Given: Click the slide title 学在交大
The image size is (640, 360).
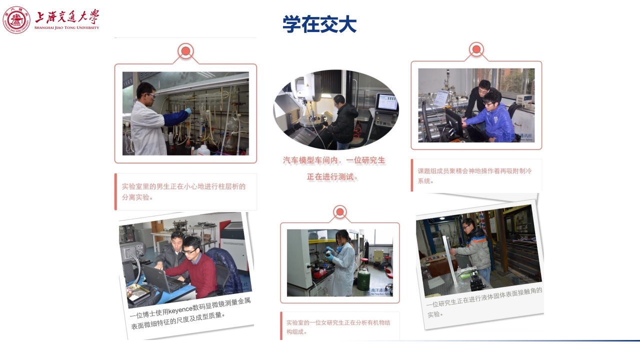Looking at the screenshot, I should pyautogui.click(x=319, y=24).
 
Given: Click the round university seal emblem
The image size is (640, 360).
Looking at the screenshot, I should pyautogui.click(x=16, y=20).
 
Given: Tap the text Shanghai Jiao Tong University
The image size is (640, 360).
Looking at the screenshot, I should pyautogui.click(x=67, y=27).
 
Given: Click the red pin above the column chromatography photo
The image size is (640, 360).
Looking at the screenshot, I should pyautogui.click(x=185, y=51).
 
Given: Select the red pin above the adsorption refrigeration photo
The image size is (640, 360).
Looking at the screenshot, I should pyautogui.click(x=476, y=49).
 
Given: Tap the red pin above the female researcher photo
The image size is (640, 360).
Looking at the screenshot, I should pyautogui.click(x=340, y=212).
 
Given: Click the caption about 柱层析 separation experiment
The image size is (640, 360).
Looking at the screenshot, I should pyautogui.click(x=184, y=191).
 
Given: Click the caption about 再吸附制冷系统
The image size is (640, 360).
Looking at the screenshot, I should pyautogui.click(x=474, y=175).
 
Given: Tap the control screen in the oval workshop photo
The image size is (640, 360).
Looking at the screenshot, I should pyautogui.click(x=386, y=102).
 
